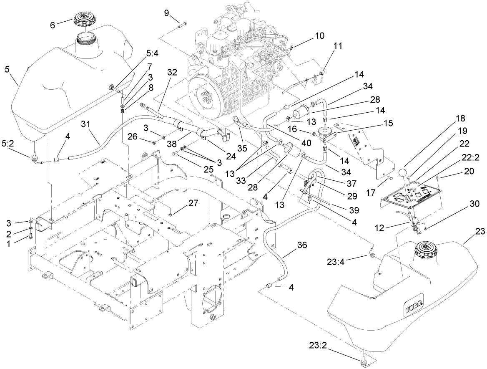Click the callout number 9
click(166, 13)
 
